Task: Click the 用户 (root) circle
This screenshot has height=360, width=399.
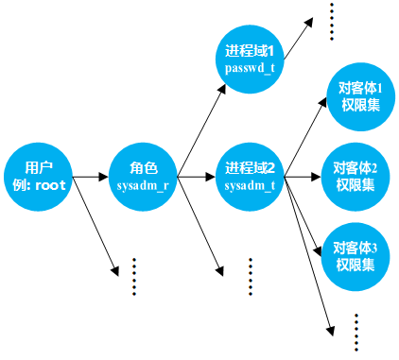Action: click(38, 176)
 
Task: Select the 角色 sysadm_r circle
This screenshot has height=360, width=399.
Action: click(143, 176)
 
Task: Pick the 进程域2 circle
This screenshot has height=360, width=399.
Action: click(250, 176)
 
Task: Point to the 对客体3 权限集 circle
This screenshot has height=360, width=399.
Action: click(356, 255)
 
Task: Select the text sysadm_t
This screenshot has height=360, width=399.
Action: click(250, 186)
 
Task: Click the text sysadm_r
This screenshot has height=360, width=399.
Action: click(143, 186)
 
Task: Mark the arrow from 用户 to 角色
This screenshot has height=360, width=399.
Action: click(91, 176)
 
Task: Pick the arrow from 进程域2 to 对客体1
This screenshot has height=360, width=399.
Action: click(304, 137)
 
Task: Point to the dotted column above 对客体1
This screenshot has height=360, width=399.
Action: click(332, 21)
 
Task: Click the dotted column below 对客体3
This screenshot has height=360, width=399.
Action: click(356, 332)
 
